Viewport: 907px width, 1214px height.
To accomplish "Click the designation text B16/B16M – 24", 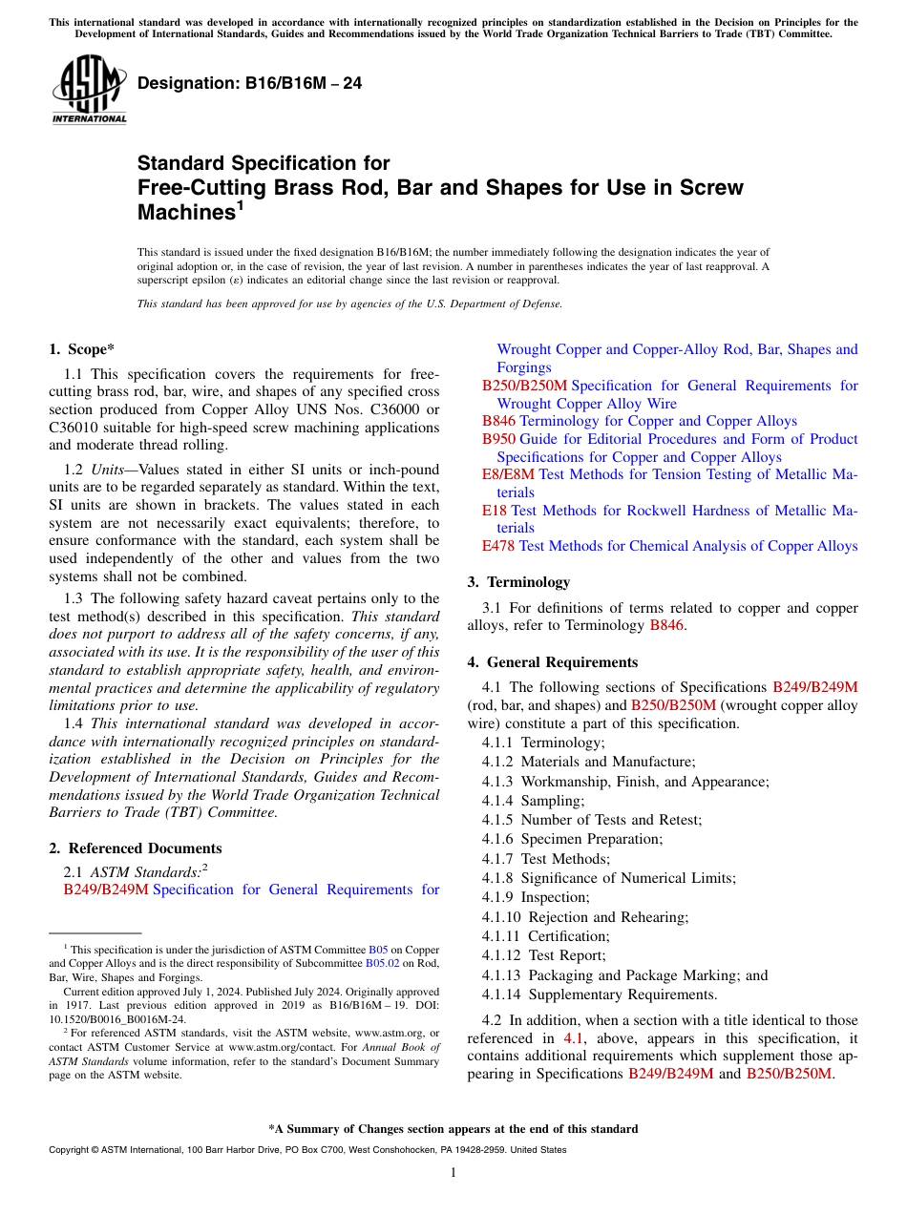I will (x=249, y=83).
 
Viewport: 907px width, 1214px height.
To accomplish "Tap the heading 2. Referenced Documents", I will (x=135, y=848).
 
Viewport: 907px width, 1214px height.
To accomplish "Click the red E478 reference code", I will (x=498, y=546).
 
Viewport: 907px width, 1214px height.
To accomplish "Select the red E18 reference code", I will (x=495, y=511).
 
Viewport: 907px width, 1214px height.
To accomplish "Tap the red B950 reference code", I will (x=498, y=439).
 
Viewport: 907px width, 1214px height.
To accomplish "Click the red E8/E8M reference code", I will (x=508, y=474).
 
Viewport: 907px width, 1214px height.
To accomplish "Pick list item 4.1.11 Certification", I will (x=544, y=936).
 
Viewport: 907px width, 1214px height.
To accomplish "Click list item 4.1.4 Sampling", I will (x=533, y=801).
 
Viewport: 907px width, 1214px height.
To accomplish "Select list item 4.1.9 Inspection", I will (x=536, y=897).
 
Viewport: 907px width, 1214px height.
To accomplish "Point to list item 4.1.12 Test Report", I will (x=543, y=955).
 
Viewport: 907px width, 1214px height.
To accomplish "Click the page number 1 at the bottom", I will (x=453, y=1173).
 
